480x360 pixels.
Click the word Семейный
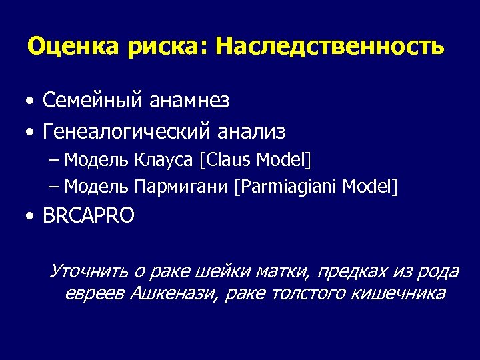coord(93,101)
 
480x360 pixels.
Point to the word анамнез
coord(189,101)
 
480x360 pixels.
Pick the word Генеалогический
coord(126,132)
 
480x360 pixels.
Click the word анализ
coord(251,132)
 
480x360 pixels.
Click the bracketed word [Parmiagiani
coord(285,186)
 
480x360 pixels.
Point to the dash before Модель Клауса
coord(54,161)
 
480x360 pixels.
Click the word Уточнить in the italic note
coord(89,272)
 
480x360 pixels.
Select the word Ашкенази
coord(172,294)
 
